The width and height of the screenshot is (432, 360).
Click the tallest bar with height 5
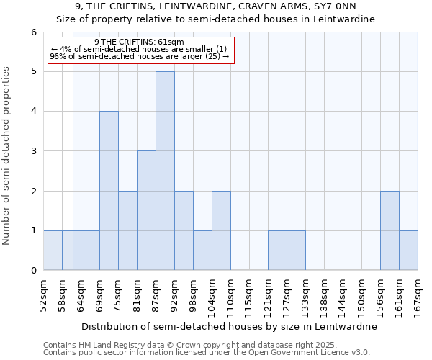click(165, 171)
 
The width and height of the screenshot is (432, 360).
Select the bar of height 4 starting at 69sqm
click(109, 191)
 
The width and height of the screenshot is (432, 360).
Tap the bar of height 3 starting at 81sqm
click(146, 210)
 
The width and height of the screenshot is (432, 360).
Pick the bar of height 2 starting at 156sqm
click(390, 230)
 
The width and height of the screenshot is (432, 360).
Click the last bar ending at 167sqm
click(408, 251)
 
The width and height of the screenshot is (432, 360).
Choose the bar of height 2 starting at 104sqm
click(221, 230)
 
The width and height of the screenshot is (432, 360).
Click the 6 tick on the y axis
click(33, 32)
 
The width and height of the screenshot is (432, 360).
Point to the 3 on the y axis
click(33, 151)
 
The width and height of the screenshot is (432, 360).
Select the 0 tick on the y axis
click(33, 271)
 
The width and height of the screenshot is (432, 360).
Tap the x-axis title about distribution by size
click(229, 326)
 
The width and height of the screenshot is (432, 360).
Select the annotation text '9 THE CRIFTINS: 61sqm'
click(139, 42)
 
